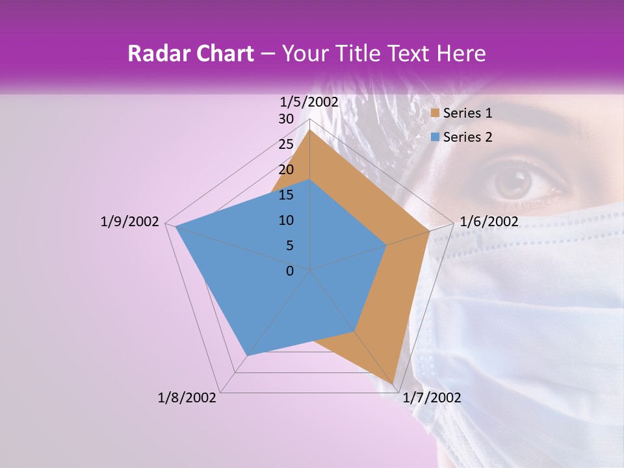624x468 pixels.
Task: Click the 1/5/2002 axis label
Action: [x=309, y=101]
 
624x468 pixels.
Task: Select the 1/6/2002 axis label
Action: [x=489, y=222]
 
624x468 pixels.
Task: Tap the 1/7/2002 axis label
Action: [x=432, y=398]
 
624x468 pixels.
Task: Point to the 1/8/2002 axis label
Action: [x=187, y=398]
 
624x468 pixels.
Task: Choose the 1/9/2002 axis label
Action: [x=130, y=222]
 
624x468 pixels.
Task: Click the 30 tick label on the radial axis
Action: [x=286, y=119]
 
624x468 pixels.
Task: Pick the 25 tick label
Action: [x=286, y=144]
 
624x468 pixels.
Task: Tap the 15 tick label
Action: [x=286, y=195]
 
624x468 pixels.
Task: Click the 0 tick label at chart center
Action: [x=290, y=271]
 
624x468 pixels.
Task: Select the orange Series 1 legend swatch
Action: [x=435, y=113]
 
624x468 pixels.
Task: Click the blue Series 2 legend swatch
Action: [x=435, y=137]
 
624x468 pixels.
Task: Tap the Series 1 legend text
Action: [x=467, y=113]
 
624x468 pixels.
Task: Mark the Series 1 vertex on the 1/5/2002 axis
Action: [x=309, y=130]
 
